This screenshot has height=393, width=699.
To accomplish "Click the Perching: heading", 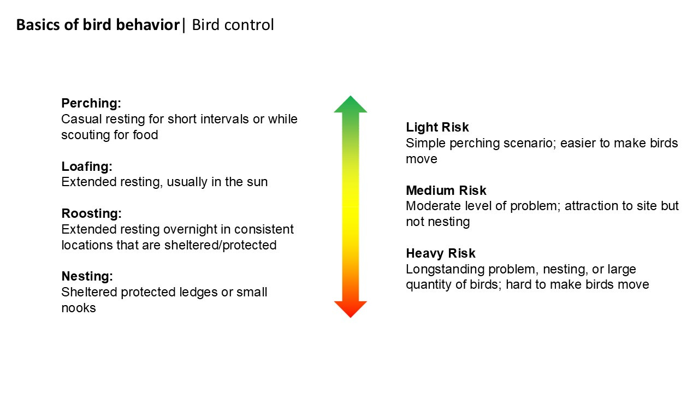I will click(91, 103).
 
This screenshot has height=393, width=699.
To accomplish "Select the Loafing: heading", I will click(87, 166).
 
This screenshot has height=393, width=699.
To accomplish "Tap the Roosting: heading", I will click(91, 213).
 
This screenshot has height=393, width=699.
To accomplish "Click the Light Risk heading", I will click(437, 127).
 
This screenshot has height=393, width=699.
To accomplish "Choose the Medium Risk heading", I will click(446, 190).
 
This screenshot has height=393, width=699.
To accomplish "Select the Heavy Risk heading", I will click(440, 253).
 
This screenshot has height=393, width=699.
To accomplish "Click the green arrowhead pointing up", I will click(351, 105).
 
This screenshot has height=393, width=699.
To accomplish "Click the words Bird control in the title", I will click(233, 25).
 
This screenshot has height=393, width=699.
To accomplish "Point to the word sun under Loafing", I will click(257, 182).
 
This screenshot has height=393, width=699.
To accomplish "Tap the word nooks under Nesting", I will click(79, 308).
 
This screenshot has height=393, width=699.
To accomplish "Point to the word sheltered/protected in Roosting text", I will click(220, 245).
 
